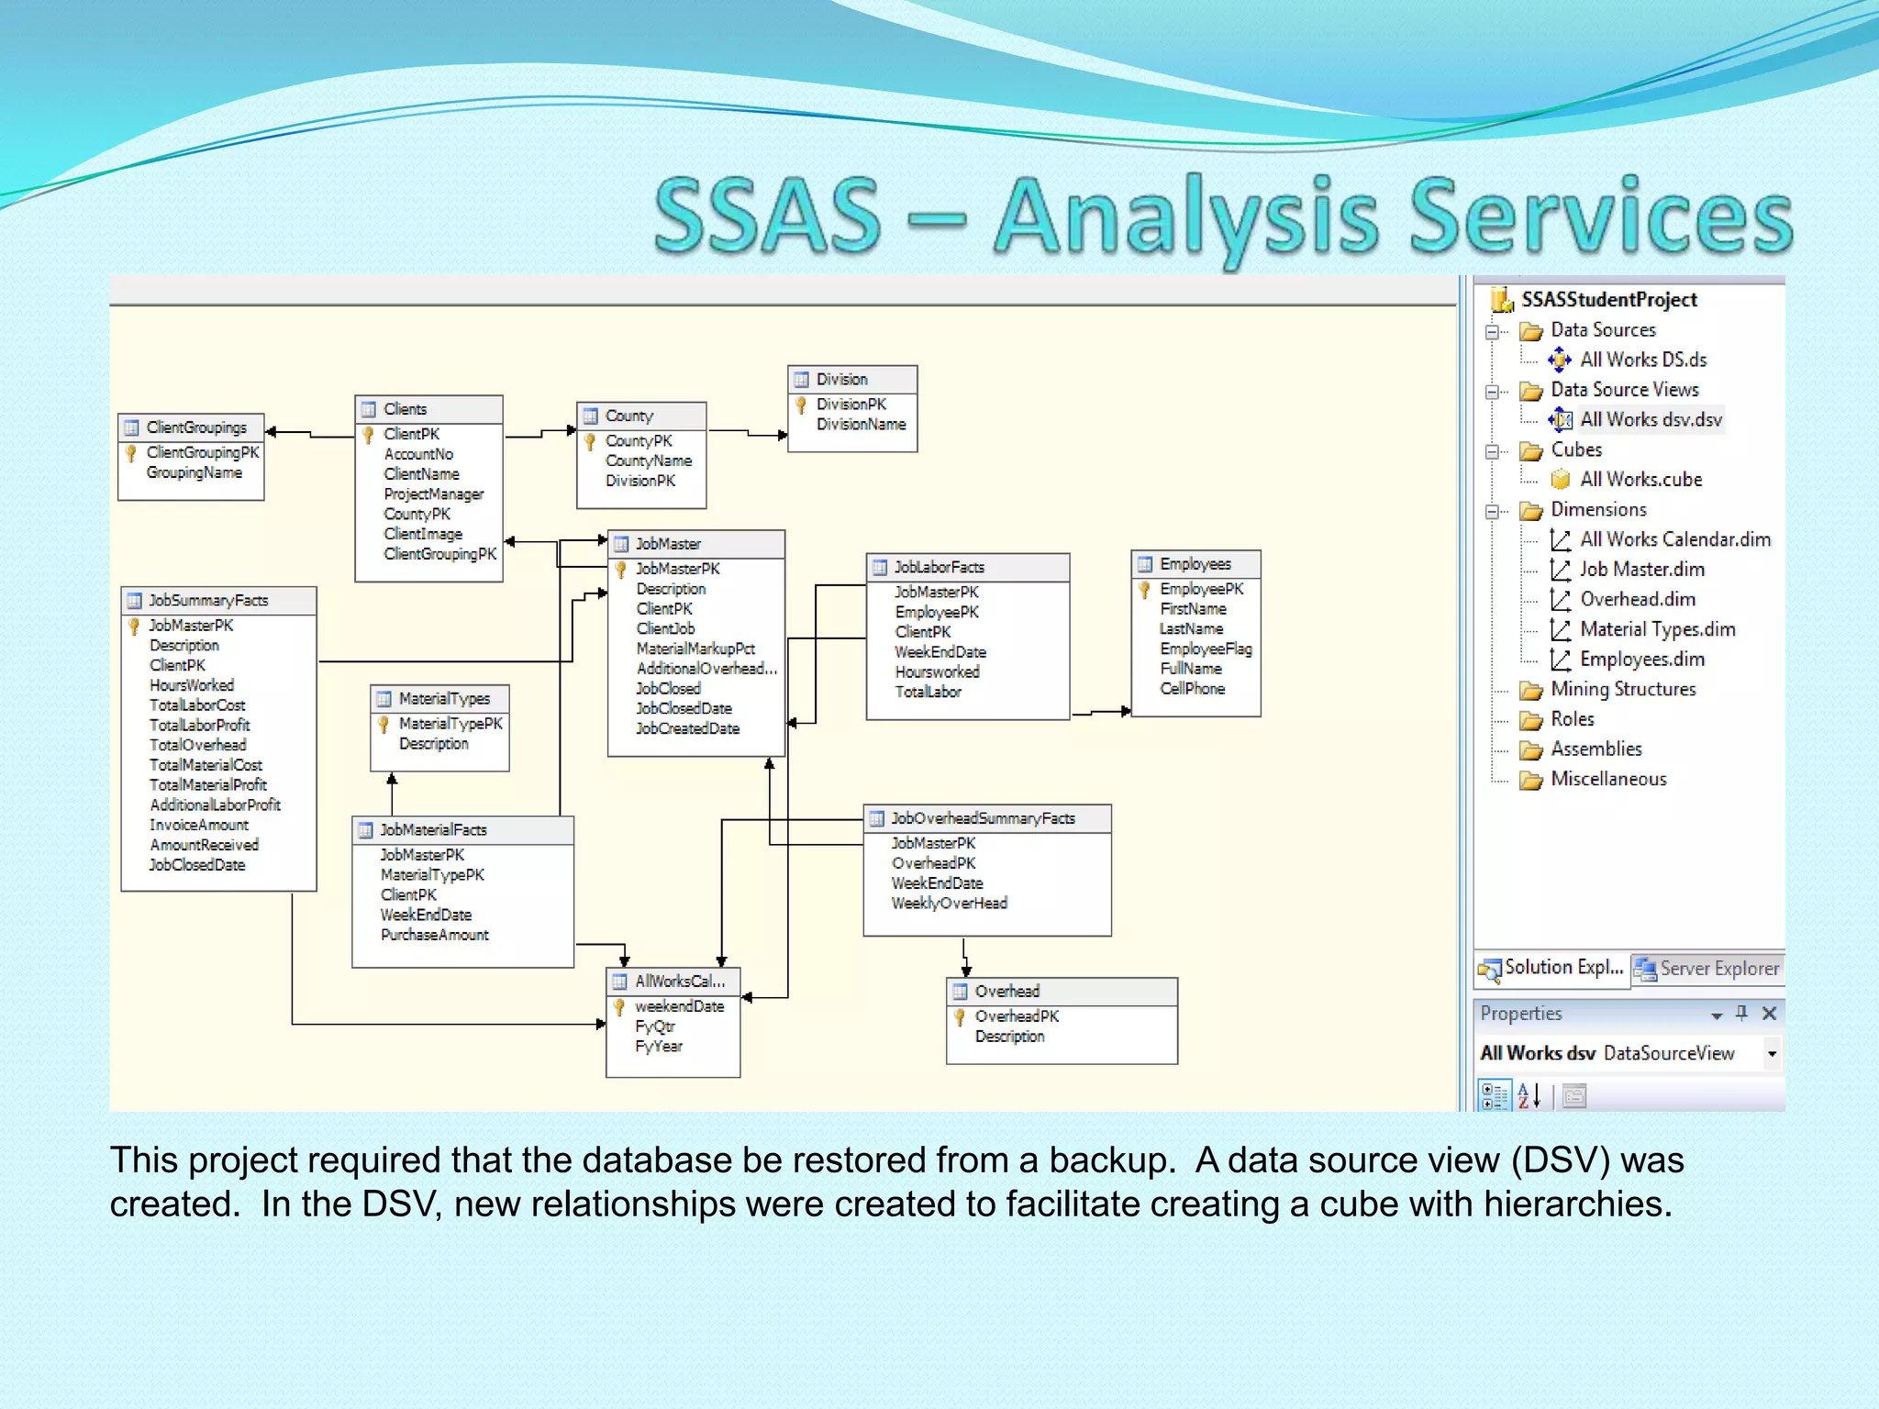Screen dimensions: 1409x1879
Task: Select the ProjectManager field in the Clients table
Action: click(x=433, y=494)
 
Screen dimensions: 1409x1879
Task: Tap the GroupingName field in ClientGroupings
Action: click(x=195, y=473)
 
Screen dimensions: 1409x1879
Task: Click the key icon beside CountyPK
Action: click(x=591, y=442)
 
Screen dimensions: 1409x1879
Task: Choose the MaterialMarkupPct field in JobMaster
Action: click(x=695, y=649)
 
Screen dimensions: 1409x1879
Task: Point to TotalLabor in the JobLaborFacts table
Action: click(x=928, y=693)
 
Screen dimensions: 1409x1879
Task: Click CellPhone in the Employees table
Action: click(x=1192, y=689)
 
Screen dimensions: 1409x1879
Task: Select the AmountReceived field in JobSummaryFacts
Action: click(x=204, y=846)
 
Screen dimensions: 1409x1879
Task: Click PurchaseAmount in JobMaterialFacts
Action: click(x=434, y=936)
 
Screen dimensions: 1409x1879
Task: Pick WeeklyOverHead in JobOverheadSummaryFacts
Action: click(x=949, y=904)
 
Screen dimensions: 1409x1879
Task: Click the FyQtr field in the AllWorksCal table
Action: click(x=654, y=1026)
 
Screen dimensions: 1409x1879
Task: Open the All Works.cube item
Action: click(x=1640, y=480)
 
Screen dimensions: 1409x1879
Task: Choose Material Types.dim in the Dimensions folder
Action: click(x=1656, y=630)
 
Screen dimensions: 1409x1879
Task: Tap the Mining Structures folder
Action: click(x=1622, y=690)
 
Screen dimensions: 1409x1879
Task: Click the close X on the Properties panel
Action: click(x=1769, y=1014)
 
